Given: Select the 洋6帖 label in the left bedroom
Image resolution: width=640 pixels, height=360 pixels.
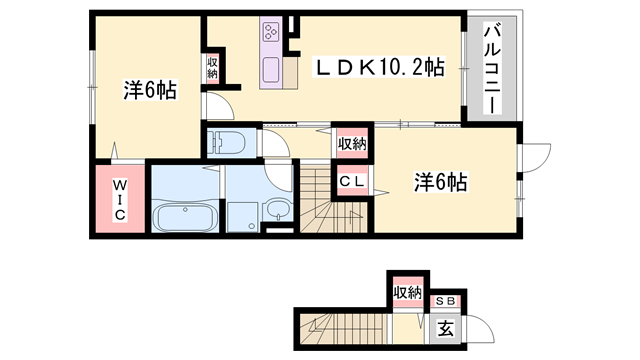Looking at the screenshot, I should [x=150, y=90].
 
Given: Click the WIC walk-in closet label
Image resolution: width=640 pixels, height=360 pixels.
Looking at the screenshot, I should [x=118, y=200].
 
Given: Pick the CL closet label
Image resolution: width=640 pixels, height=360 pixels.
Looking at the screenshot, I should [x=351, y=181].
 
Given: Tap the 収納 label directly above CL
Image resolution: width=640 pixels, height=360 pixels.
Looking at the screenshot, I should [x=351, y=144].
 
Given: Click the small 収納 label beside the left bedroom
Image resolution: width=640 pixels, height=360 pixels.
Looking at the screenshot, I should [x=213, y=67].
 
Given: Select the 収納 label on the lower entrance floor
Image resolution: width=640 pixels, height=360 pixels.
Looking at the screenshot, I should [x=407, y=292].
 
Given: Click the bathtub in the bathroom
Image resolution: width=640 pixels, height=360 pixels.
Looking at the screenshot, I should [x=186, y=215].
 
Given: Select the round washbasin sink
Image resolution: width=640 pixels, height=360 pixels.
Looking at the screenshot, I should [x=278, y=209].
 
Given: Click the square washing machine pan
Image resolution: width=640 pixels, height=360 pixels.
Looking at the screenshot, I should [x=241, y=215].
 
